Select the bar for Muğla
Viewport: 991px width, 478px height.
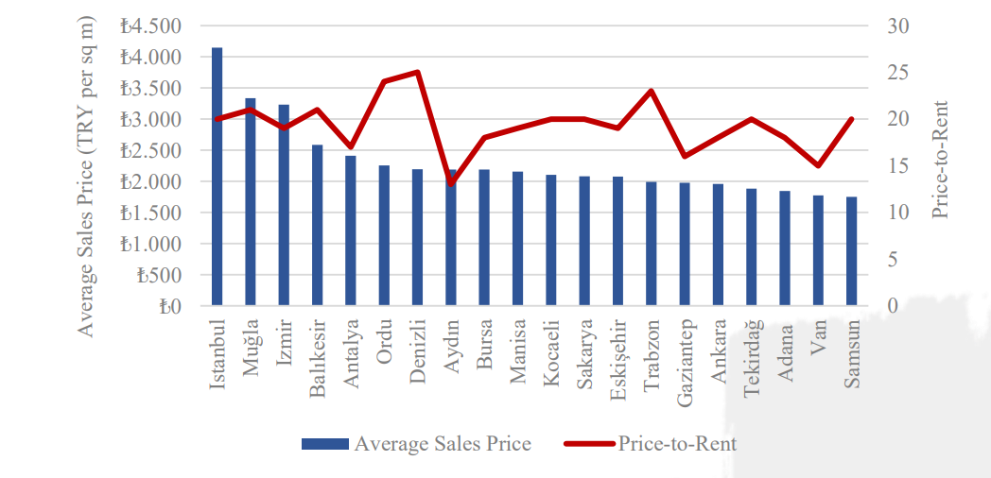coord(251,202)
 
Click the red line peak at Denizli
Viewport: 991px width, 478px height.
coord(417,72)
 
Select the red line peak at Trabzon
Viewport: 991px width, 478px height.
coord(652,91)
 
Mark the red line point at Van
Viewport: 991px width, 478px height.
coord(818,165)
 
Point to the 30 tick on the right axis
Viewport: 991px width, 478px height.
coord(898,26)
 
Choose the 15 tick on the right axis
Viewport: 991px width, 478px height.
coord(898,166)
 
